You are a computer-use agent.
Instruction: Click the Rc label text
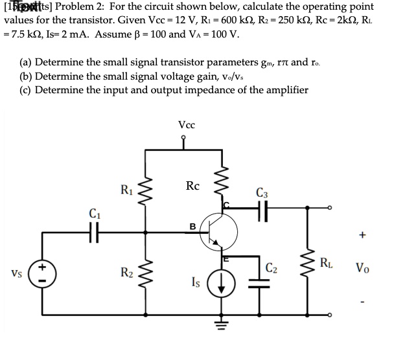(192, 186)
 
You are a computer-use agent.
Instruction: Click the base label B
(192, 227)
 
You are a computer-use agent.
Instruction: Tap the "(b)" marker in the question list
(27, 76)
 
